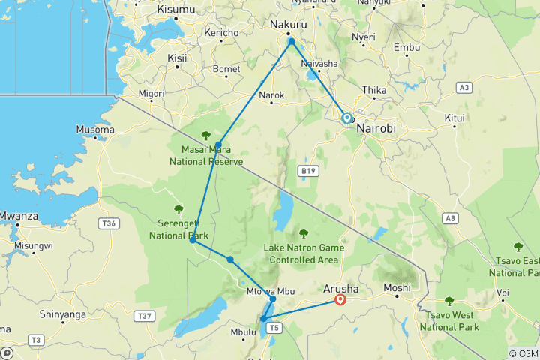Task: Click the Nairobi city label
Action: click(376, 129)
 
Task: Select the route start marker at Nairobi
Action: click(346, 118)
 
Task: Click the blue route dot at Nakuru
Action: click(292, 42)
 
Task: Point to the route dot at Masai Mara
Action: click(218, 145)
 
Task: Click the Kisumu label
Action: click(176, 9)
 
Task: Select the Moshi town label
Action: click(397, 287)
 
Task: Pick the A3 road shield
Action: click(466, 88)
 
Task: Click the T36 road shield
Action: click(109, 223)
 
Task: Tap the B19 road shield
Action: click(306, 171)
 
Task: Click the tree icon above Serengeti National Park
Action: click(178, 210)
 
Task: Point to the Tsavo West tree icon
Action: click(449, 301)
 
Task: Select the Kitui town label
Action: click(455, 118)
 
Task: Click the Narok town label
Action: click(271, 95)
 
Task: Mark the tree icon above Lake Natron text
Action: click(304, 234)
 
